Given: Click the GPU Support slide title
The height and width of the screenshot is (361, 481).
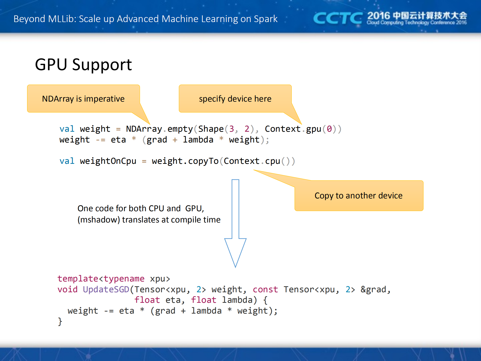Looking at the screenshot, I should coord(83,65).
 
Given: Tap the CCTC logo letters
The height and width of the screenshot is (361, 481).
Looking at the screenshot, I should coord(337,18).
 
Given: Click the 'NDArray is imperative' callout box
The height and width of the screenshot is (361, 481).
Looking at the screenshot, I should coord(83,99).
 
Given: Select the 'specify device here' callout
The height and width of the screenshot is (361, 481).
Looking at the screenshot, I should coord(235,99).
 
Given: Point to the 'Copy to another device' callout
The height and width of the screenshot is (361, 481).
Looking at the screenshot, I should coord(358,195).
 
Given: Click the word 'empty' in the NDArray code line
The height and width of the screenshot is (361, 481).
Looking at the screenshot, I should coord(180,129).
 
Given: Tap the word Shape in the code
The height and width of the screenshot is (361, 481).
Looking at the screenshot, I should coord(211,129).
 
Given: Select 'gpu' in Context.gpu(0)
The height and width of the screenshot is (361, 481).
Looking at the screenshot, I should coord(314,129).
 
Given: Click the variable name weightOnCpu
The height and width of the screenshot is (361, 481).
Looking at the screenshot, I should coord(108,161).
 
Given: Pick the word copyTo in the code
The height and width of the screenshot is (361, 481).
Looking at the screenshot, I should coord(203,161).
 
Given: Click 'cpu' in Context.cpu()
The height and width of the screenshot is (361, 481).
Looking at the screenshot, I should coord(272,161).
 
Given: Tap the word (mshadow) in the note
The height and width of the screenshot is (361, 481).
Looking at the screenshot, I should coord(99,220).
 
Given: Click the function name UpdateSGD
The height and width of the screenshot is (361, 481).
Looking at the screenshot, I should coord(106,290).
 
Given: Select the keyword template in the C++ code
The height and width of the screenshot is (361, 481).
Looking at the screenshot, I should coord(78,279).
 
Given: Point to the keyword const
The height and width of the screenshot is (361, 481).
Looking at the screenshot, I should coord(265,290).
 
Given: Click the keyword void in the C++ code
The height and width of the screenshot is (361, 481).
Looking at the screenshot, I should coord(67,290).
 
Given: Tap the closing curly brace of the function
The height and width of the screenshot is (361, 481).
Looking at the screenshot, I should coord(60,321).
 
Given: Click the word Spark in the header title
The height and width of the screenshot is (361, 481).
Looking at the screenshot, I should coord(265,19).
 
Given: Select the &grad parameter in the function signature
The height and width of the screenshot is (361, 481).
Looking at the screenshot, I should coord(373,290).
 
